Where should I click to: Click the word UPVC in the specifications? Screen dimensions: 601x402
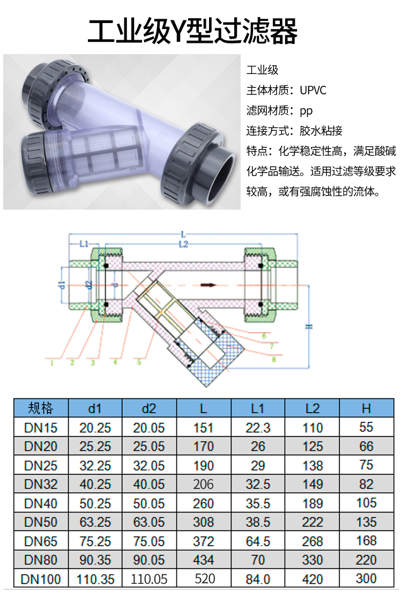pyautogui.click(x=313, y=90)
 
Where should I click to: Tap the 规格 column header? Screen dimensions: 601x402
pyautogui.click(x=41, y=408)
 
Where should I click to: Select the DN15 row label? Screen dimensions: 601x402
pyautogui.click(x=41, y=427)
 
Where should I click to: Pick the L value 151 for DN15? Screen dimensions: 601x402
pyautogui.click(x=203, y=428)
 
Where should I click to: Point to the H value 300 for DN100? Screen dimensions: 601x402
pyautogui.click(x=366, y=578)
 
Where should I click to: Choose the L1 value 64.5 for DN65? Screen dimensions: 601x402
pyautogui.click(x=258, y=541)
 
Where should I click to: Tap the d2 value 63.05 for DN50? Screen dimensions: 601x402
pyautogui.click(x=149, y=522)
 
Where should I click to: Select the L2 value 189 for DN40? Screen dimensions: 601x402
pyautogui.click(x=312, y=503)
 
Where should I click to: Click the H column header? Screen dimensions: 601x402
pyautogui.click(x=366, y=409)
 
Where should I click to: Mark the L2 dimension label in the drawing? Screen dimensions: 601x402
pyautogui.click(x=183, y=244)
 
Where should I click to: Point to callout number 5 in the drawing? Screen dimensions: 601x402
pyautogui.click(x=139, y=362)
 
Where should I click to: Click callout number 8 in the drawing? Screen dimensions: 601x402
pyautogui.click(x=273, y=360)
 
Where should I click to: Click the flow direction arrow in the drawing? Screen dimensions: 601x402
pyautogui.click(x=210, y=285)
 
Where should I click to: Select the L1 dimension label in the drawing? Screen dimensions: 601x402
pyautogui.click(x=84, y=243)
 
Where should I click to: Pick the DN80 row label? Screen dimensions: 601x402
pyautogui.click(x=41, y=560)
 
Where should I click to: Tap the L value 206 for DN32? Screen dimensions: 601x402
pyautogui.click(x=203, y=484)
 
